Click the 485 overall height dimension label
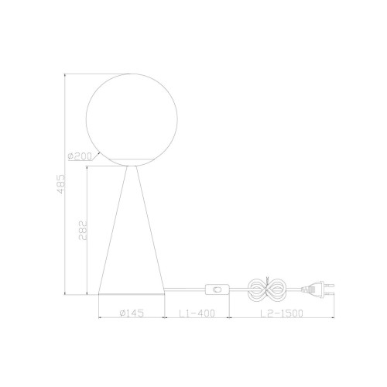pyautogui.click(x=61, y=184)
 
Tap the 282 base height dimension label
pyautogui.click(x=83, y=231)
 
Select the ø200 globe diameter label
pyautogui.click(x=80, y=156)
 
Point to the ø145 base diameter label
pyautogui.click(x=132, y=313)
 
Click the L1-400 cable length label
pyautogui.click(x=197, y=313)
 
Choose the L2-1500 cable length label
pyautogui.click(x=282, y=313)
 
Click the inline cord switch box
pyautogui.click(x=217, y=289)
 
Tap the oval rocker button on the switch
pyautogui.click(x=217, y=289)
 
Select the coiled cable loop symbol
pyautogui.click(x=266, y=289)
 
